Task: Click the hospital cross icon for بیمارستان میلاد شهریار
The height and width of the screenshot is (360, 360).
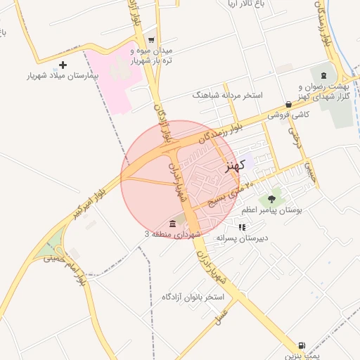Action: click(x=63, y=65)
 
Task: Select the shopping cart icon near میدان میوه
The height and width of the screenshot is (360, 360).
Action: click(x=151, y=40)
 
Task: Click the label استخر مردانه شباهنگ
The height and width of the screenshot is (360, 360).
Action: click(x=227, y=94)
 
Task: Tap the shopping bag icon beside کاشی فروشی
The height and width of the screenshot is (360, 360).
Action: click(x=288, y=103)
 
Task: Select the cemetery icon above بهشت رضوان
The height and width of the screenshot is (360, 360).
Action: click(x=323, y=75)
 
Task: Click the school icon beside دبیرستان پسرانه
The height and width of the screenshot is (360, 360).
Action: click(x=243, y=227)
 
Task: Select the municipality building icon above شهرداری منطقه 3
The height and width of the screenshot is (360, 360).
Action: click(x=173, y=223)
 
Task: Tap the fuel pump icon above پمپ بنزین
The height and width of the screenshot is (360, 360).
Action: click(x=302, y=345)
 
